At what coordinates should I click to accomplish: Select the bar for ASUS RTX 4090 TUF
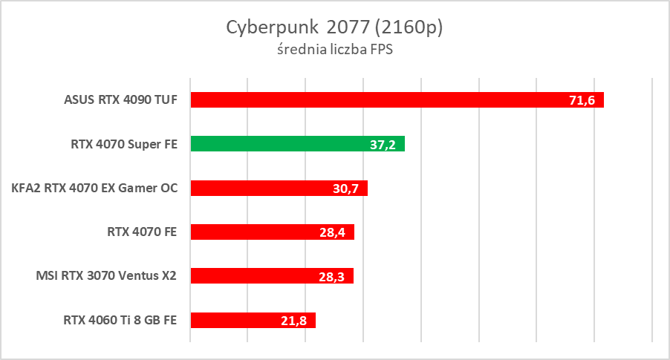click(x=371, y=100)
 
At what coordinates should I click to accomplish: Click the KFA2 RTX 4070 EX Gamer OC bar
click(x=260, y=189)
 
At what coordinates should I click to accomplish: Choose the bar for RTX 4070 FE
click(x=253, y=232)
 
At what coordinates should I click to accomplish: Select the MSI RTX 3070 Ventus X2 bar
click(x=253, y=276)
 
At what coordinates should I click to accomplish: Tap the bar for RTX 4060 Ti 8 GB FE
click(x=238, y=320)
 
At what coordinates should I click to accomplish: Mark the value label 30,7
click(x=346, y=189)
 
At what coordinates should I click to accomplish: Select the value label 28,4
click(x=333, y=232)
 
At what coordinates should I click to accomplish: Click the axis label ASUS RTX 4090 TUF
click(x=121, y=100)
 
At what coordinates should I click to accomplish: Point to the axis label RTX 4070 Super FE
click(x=124, y=144)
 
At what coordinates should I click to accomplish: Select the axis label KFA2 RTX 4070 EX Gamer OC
click(x=95, y=189)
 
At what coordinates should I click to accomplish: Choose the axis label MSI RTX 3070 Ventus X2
click(x=107, y=276)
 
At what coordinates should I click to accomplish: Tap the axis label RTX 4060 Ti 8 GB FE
click(x=120, y=320)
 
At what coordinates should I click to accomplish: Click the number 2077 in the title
click(x=348, y=27)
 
